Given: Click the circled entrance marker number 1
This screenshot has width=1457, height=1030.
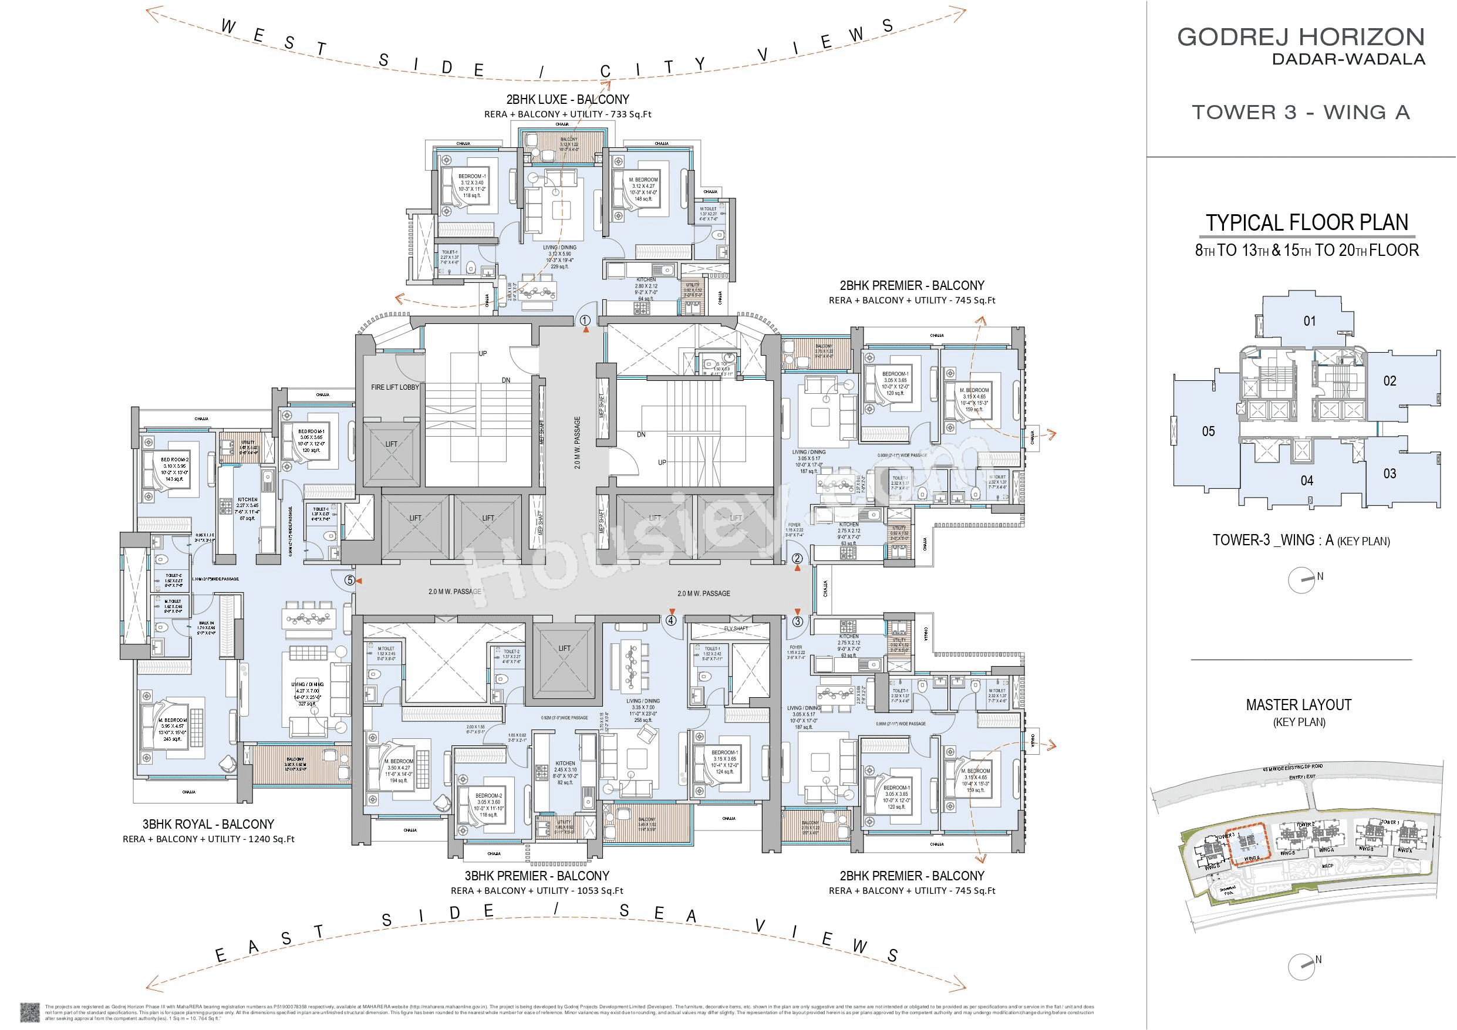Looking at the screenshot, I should (585, 320).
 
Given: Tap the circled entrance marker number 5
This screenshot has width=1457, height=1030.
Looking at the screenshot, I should (349, 579).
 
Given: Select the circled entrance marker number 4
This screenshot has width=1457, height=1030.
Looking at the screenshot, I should (671, 621).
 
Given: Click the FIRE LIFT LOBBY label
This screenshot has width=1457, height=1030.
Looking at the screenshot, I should (394, 387).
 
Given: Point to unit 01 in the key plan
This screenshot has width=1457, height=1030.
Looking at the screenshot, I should (1309, 321).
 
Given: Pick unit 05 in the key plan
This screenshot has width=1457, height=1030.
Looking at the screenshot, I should (1208, 431).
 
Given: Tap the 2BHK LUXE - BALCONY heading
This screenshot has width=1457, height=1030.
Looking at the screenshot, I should (567, 100).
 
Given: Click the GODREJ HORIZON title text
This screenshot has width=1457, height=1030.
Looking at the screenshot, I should (1301, 38).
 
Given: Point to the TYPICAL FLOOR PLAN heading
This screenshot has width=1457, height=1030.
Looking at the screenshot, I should (1307, 223).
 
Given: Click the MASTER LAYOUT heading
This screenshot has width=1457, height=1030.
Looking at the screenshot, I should (1299, 704).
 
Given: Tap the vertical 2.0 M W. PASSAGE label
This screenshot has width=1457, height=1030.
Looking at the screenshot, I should (578, 443).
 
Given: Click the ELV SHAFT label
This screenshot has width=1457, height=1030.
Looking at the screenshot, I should (736, 629).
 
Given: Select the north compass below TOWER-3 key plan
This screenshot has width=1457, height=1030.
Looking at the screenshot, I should (1300, 580).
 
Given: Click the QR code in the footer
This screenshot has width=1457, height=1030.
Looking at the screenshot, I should (30, 1012).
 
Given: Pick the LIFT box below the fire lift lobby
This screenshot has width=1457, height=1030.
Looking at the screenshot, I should (391, 444).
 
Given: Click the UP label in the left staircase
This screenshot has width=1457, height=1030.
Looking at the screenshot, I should (483, 353).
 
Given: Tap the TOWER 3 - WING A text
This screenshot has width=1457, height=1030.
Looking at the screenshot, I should (1300, 112).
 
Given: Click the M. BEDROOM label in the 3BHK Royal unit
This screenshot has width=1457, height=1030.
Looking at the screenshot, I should (172, 720).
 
